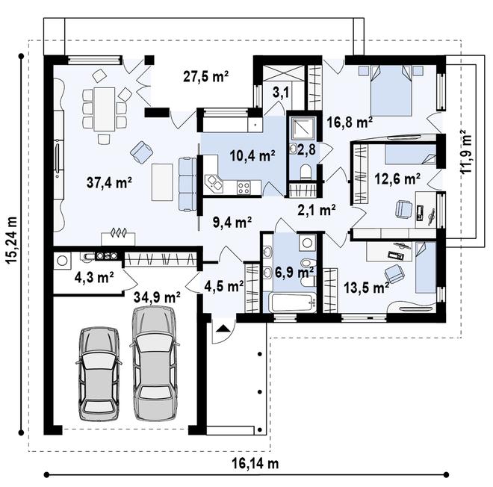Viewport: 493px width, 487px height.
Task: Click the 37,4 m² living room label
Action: point(109,182)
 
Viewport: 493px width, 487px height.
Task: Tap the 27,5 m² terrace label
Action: point(205,77)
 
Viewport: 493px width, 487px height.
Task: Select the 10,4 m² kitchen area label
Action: point(252,155)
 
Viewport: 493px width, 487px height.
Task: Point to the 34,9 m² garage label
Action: point(157,297)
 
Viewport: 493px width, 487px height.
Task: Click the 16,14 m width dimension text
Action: point(255,463)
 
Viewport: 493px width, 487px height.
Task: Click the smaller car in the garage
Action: point(99,372)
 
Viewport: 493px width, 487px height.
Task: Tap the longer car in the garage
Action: point(155,364)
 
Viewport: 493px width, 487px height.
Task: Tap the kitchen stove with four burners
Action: point(244,187)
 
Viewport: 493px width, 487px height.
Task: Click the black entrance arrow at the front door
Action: point(223,329)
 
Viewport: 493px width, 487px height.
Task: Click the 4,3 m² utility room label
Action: point(94,277)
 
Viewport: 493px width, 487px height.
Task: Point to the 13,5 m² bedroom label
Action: point(366,287)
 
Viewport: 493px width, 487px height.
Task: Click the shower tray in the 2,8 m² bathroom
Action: point(303,128)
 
